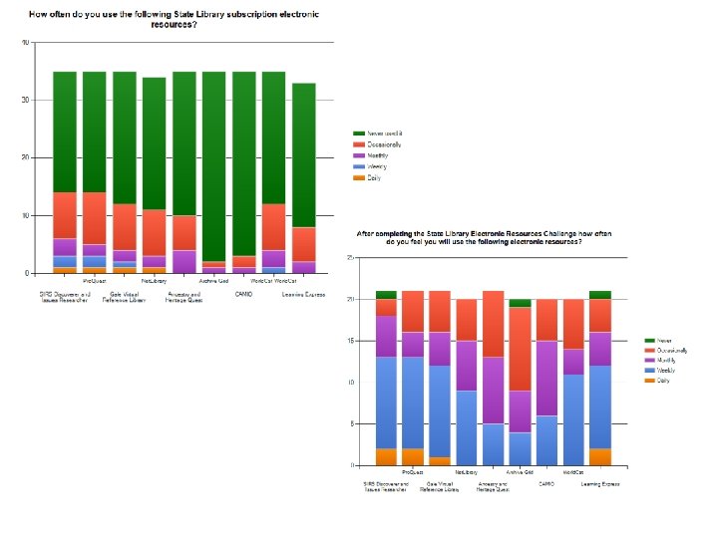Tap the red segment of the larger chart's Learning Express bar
click(x=304, y=244)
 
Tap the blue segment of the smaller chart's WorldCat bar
click(x=572, y=419)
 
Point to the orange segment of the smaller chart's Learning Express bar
click(x=600, y=457)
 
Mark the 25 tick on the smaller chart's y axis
click(x=350, y=258)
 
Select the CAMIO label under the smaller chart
click(x=546, y=483)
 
